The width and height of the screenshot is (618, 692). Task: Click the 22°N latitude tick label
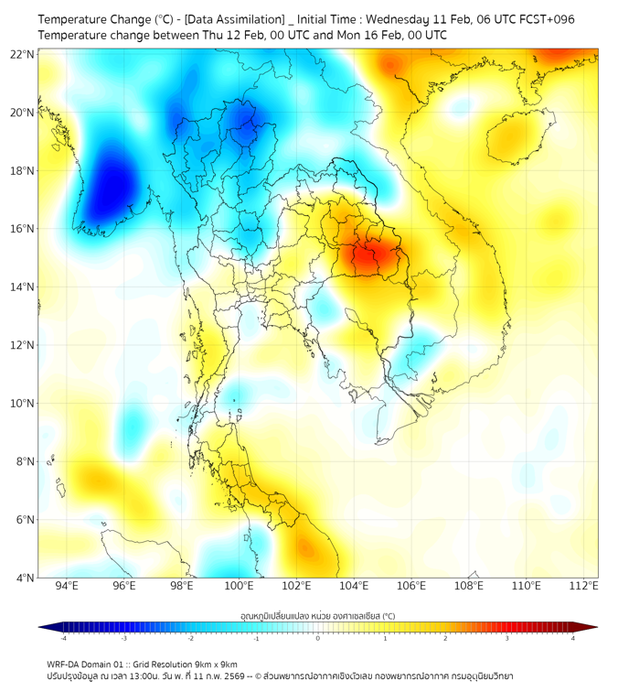point(23,54)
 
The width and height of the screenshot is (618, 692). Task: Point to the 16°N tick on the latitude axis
point(23,229)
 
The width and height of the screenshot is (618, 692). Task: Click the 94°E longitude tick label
point(66,586)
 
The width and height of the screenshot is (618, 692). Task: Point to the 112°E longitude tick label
point(584,586)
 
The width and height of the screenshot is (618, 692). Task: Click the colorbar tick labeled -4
point(63,638)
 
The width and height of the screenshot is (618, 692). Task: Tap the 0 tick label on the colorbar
point(318,638)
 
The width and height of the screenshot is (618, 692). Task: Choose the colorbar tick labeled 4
point(573,638)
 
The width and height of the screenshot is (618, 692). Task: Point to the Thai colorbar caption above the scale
point(317,615)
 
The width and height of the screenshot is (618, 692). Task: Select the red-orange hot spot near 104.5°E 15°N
point(368,258)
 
